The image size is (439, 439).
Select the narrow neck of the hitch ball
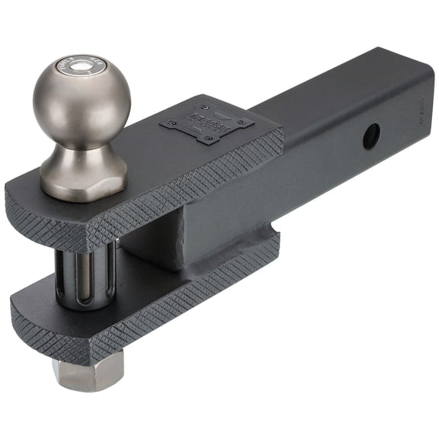tap(82, 149)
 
